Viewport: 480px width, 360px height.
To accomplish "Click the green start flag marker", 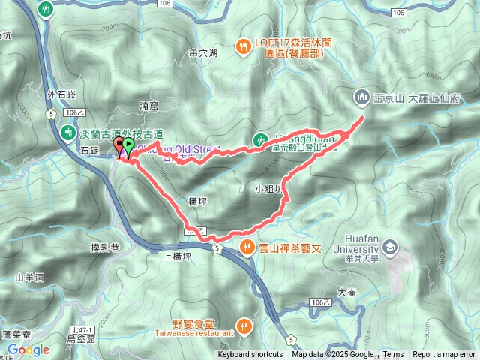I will [x=128, y=146].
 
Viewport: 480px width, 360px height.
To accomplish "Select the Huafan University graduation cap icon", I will [x=390, y=245].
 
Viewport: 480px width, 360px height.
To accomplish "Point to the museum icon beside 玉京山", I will [x=361, y=96].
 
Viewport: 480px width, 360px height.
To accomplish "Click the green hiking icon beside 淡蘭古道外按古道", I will [x=66, y=133].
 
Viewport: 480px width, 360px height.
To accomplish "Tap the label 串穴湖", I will [x=202, y=53].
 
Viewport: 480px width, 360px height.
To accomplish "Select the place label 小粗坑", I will [x=269, y=190].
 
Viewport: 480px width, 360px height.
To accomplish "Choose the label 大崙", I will [x=346, y=292].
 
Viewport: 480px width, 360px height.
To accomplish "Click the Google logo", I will [x=28, y=349].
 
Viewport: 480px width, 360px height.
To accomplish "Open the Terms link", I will [x=393, y=355].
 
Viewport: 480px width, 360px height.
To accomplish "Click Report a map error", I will [x=443, y=355].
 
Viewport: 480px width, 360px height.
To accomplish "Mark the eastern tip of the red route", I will [x=364, y=118].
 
